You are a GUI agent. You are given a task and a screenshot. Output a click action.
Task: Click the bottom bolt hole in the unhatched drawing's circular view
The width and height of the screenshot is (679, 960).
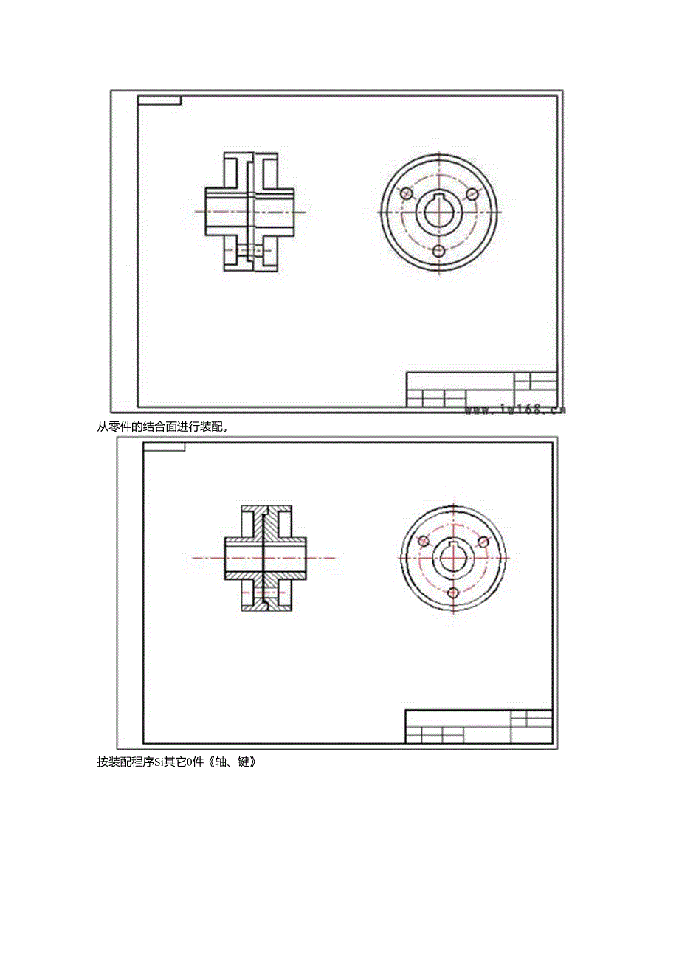[439, 251]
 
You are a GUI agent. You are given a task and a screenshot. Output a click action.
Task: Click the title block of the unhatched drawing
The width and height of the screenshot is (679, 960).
[481, 390]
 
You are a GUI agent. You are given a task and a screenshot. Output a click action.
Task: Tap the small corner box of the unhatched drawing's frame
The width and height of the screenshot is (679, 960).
[159, 100]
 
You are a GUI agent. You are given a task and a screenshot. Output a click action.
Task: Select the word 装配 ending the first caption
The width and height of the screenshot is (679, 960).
[211, 425]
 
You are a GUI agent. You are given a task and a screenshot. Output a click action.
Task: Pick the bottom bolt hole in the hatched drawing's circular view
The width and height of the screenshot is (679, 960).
[454, 593]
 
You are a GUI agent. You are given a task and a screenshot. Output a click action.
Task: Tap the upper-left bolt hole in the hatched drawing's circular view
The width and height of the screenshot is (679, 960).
[424, 542]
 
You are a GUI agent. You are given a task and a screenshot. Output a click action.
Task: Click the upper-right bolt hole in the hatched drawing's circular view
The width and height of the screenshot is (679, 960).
[483, 542]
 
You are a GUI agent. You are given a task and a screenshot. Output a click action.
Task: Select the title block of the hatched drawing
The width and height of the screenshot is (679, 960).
[478, 726]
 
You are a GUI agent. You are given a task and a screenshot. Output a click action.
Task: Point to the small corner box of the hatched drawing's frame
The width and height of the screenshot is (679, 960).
[164, 447]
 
